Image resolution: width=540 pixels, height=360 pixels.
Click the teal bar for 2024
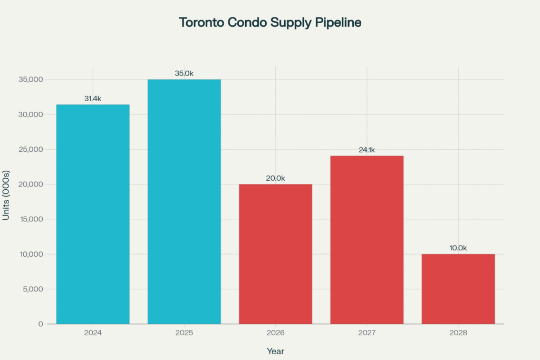pos(93,214)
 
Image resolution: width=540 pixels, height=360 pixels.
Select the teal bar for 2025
pos(184,201)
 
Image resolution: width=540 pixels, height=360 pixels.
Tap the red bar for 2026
pos(275,254)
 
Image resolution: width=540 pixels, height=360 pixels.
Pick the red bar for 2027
pos(367,239)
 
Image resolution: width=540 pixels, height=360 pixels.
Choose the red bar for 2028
pos(458,289)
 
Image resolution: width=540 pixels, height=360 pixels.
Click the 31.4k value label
pos(93,99)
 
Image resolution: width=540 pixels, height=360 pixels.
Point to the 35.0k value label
pos(184,73)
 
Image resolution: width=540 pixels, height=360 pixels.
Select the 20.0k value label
pos(275,178)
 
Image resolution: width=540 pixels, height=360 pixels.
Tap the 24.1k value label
pos(367,150)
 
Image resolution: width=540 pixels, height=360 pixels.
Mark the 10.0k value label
pos(458,248)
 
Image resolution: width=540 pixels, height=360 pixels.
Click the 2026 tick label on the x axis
pos(275,334)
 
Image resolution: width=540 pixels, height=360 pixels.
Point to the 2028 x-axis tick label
pos(458,334)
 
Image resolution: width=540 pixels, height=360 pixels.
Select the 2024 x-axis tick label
pos(93,334)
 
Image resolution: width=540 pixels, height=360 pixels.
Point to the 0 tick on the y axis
pos(41,324)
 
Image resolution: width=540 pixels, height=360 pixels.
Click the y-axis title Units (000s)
pos(6,195)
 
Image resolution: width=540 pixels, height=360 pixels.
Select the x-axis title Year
pos(275,351)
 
